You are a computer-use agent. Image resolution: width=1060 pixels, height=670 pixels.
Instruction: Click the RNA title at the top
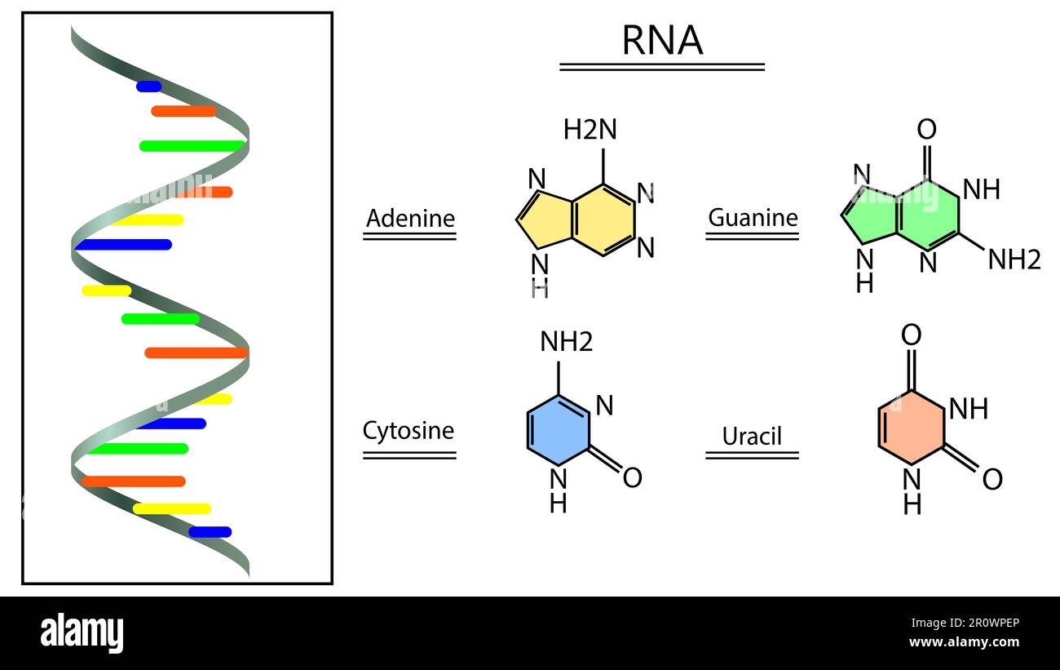[661, 41]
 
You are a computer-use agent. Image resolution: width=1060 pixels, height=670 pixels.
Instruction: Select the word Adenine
[409, 219]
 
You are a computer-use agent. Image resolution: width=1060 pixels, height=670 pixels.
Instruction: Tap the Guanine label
[752, 218]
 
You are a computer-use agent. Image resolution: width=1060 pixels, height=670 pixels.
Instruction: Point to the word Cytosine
[409, 430]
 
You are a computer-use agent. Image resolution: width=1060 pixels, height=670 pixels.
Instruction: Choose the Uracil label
[752, 436]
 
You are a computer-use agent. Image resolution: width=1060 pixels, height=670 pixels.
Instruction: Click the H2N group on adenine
[590, 130]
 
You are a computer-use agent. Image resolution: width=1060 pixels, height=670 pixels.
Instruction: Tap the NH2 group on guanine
[1014, 260]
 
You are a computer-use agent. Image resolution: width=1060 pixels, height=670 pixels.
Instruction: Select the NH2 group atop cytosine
[567, 342]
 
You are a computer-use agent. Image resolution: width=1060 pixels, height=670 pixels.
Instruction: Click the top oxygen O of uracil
[912, 335]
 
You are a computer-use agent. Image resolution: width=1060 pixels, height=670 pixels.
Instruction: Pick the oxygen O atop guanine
[926, 130]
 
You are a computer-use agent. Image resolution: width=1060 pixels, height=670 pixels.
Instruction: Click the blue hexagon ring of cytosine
[558, 430]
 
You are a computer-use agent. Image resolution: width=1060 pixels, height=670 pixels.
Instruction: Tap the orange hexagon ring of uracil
[912, 429]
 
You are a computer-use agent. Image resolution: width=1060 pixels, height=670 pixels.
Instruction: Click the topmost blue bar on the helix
[148, 87]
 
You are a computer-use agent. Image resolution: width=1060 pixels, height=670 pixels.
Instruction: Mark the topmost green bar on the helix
[192, 146]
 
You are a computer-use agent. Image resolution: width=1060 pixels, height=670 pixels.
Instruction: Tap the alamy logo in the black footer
[82, 632]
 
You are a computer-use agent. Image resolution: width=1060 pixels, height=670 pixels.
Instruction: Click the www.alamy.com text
[964, 642]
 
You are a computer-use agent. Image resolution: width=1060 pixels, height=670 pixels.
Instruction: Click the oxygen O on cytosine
[632, 478]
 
